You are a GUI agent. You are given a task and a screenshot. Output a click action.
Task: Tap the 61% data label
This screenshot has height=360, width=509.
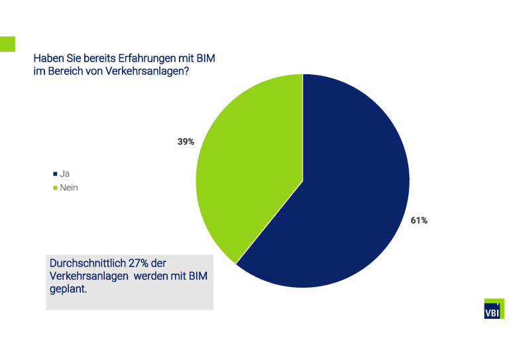click(x=419, y=221)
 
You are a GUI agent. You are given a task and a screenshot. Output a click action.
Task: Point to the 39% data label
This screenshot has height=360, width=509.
click(x=186, y=141)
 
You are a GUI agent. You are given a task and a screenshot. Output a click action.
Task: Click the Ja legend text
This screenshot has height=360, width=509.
click(x=65, y=174)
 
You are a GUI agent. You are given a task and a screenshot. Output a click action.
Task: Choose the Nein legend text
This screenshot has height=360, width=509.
click(x=69, y=188)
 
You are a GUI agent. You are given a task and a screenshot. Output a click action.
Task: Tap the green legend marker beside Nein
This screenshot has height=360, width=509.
click(x=55, y=188)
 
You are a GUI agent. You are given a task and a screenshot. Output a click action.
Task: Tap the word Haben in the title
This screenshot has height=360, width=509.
click(x=48, y=58)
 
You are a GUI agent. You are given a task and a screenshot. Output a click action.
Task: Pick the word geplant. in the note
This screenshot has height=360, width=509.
click(x=69, y=289)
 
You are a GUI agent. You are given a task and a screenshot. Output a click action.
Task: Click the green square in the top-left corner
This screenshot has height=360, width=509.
click(x=7, y=44)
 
